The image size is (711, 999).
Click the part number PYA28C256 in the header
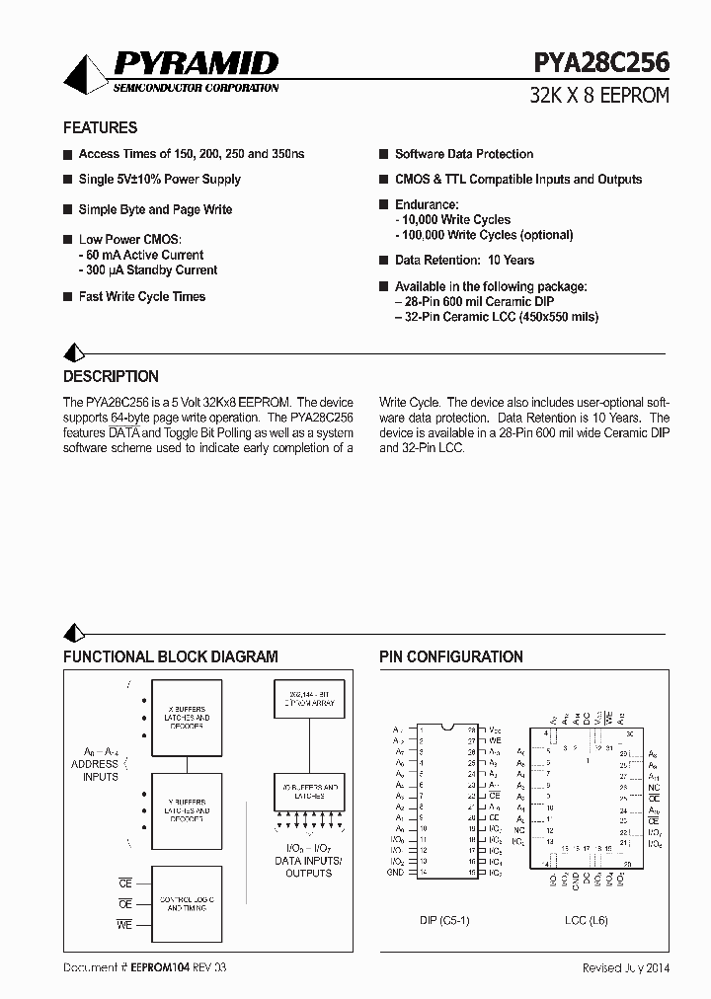pos(600,63)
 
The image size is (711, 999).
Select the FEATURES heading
pos(100,127)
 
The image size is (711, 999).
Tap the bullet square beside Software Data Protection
pos(384,155)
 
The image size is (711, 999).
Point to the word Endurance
pos(427,204)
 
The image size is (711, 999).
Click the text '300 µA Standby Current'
pos(151,270)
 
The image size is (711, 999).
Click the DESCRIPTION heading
pos(111,376)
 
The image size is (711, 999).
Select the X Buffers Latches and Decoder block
pos(186,718)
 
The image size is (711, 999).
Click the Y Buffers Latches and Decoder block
pos(186,811)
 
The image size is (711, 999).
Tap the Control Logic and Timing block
pos(186,904)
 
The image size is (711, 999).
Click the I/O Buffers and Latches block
pos(306,791)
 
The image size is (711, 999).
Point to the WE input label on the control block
pos(124,924)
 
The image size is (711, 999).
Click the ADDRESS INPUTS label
pos(95,770)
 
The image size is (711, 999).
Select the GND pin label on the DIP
pos(395,873)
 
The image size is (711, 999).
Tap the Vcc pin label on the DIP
pos(496,729)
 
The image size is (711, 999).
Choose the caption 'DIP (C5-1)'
pos(445,920)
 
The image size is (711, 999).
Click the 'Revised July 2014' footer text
pos(625,968)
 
